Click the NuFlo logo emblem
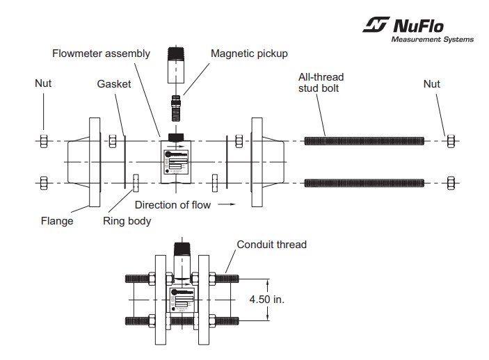[x=376, y=26]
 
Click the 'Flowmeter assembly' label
[x=101, y=54]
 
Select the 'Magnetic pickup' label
[x=249, y=54]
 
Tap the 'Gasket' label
[x=114, y=84]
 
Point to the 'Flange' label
[x=56, y=222]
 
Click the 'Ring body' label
[x=127, y=222]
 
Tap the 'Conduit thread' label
[x=271, y=245]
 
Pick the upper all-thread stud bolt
[x=364, y=141]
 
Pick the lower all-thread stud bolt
[x=364, y=183]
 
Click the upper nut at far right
[x=449, y=141]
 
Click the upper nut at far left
[x=43, y=141]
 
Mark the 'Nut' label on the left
[x=43, y=84]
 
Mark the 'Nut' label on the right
[x=431, y=84]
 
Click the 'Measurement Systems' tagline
[x=432, y=40]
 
